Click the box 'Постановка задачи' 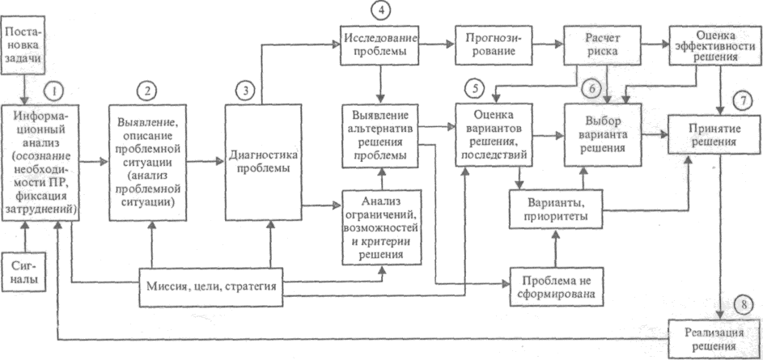click(25, 45)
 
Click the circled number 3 click(245, 90)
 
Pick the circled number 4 click(380, 11)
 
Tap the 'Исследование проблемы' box click(381, 44)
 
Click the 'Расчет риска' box click(600, 45)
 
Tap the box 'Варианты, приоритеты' click(557, 208)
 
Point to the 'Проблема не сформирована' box click(557, 286)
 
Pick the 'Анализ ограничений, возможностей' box click(381, 226)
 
